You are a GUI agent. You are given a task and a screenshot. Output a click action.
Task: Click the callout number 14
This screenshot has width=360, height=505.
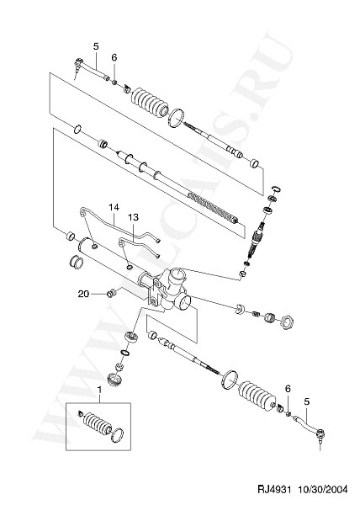click(114, 207)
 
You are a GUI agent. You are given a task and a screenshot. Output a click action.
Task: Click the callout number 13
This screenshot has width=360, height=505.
click(133, 217)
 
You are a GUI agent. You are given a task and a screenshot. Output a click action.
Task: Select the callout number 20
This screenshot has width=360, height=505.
click(83, 294)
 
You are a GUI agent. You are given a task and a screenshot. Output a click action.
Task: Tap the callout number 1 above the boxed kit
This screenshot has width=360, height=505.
click(99, 390)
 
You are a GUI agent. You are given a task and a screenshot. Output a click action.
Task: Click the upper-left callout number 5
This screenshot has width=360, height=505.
click(96, 46)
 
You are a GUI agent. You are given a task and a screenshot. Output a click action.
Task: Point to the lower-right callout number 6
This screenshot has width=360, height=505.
click(288, 389)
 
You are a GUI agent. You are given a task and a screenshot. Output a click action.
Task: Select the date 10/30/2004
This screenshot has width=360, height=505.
click(322, 490)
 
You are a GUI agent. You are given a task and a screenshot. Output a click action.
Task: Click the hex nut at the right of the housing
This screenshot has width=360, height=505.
click(286, 322)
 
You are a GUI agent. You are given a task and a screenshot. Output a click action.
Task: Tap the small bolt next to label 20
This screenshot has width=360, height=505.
click(111, 294)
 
